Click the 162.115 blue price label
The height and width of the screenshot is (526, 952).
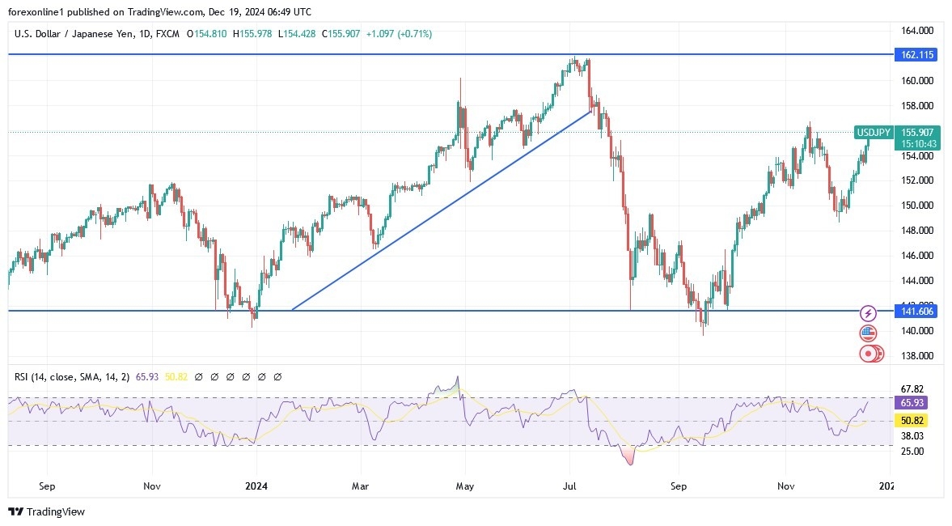coord(916,55)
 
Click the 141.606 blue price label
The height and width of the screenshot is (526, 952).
coord(916,312)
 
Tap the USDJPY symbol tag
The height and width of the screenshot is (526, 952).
coord(874,133)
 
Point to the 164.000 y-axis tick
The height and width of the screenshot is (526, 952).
coord(918,31)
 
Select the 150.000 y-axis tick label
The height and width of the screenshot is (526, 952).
coord(918,206)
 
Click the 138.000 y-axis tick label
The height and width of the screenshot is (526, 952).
coord(918,356)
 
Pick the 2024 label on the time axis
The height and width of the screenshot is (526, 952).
coord(256,486)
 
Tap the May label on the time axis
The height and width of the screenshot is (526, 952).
coord(464,486)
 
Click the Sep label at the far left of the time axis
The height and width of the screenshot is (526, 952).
coord(47,486)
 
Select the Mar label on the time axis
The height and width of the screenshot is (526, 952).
coord(360,486)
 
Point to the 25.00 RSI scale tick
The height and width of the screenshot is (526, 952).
coord(912,452)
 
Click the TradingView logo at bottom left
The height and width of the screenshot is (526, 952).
coord(46,511)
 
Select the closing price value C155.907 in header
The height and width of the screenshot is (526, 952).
coord(341,34)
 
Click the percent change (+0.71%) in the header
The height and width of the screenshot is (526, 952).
coord(414,34)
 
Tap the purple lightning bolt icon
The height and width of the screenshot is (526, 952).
coord(868,313)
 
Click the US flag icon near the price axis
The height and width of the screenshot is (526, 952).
coord(868,333)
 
